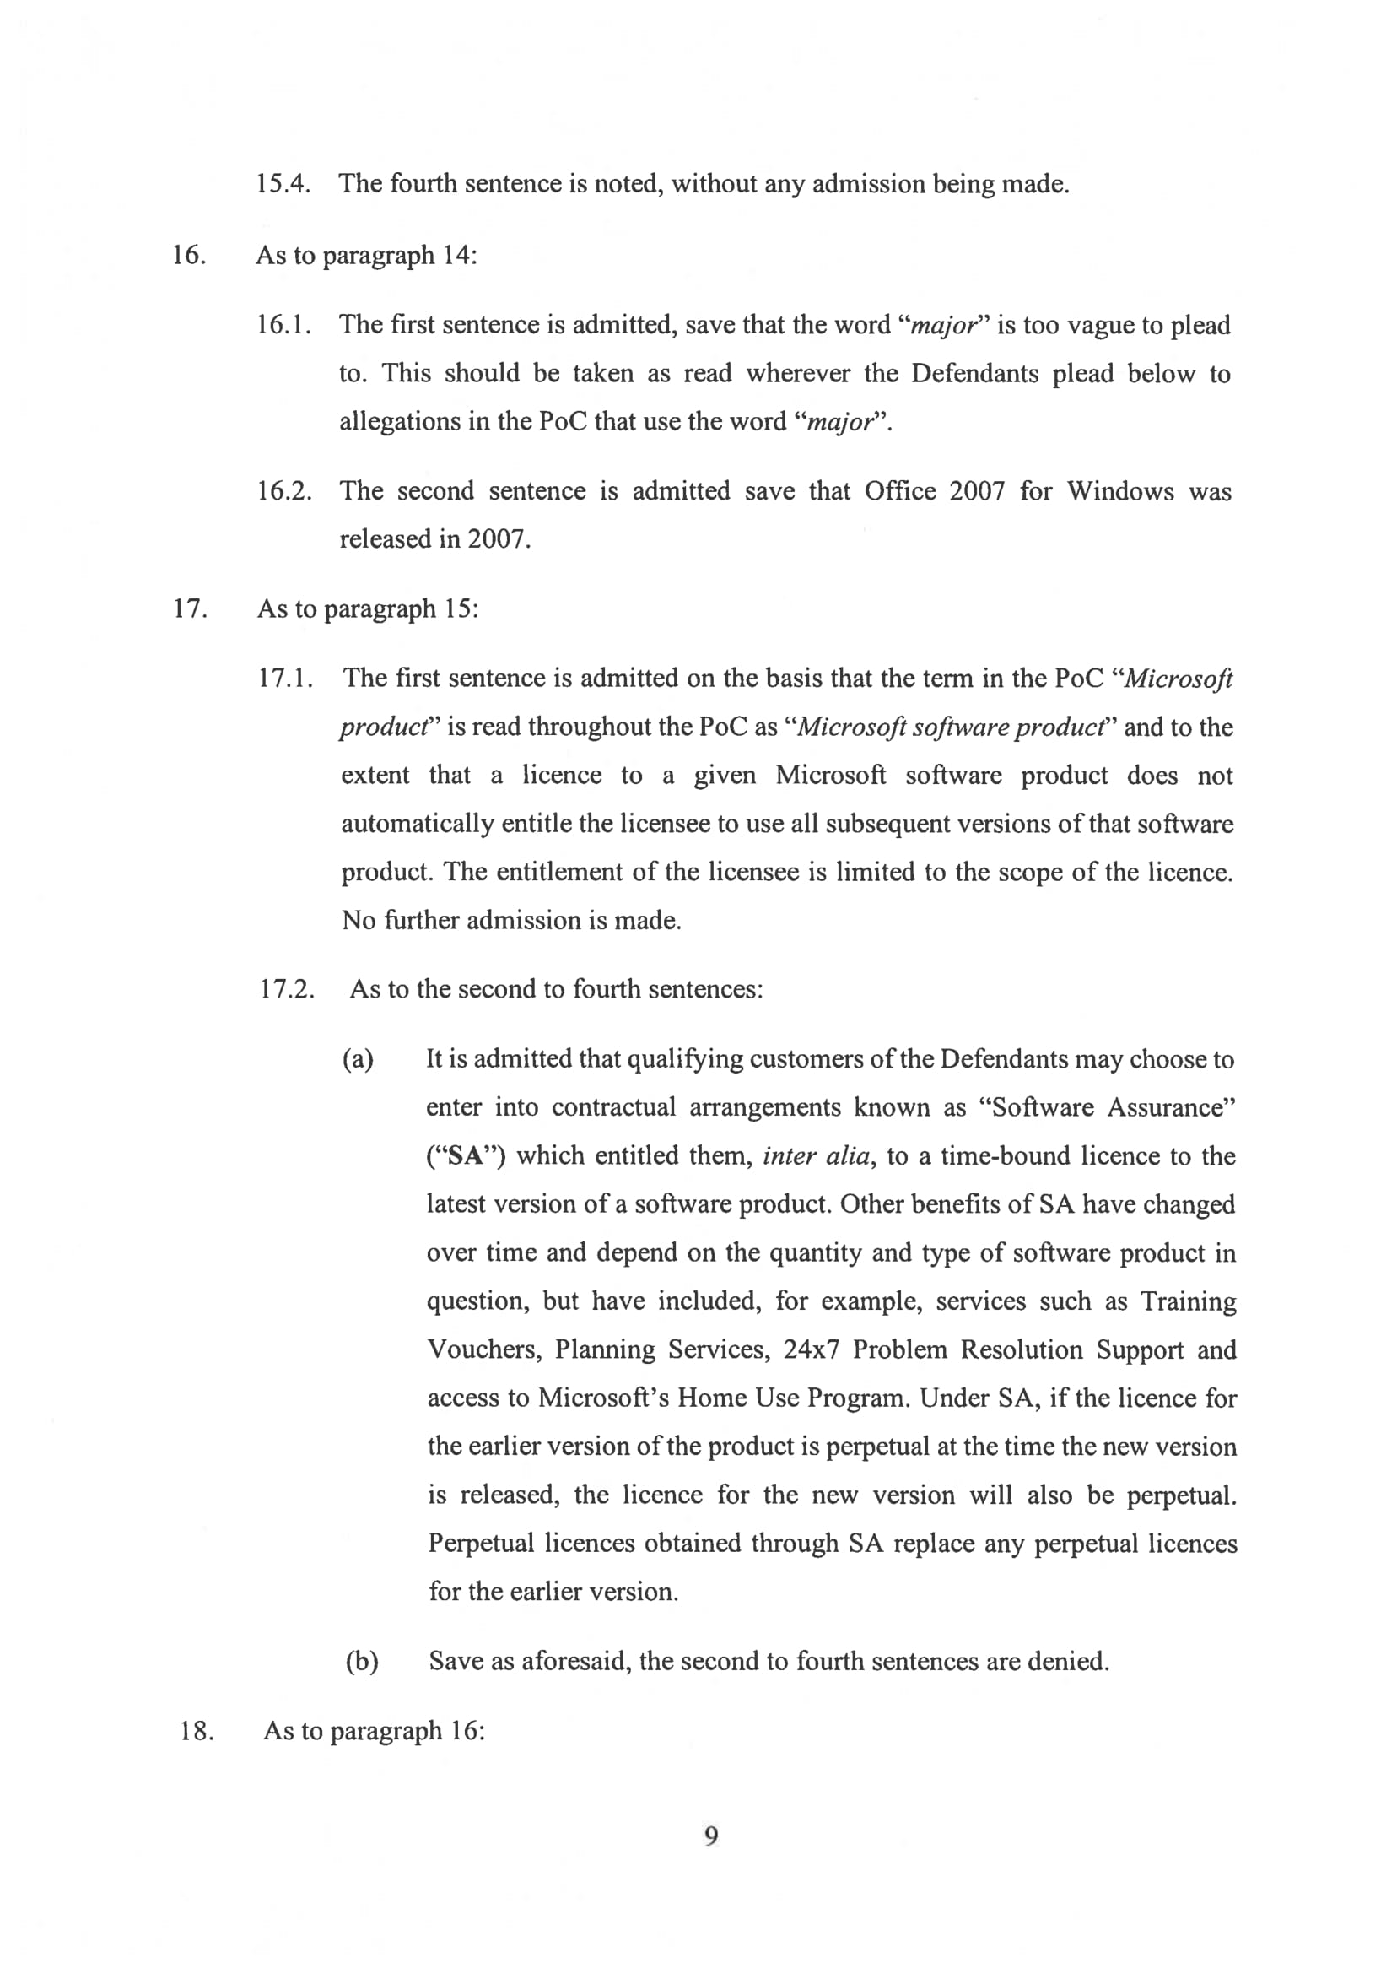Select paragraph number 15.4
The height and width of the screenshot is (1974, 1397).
tap(283, 183)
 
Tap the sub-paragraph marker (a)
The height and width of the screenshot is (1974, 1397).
tap(358, 1058)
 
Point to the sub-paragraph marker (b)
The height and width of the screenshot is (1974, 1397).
tap(361, 1661)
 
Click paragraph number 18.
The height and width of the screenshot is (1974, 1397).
tap(197, 1730)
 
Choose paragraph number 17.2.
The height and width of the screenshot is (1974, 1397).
tap(288, 989)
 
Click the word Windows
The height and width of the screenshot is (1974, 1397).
tap(1120, 491)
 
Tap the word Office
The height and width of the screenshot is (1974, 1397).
tap(900, 490)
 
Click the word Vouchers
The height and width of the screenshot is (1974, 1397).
tap(484, 1349)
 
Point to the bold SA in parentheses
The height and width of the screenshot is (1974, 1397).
tap(466, 1155)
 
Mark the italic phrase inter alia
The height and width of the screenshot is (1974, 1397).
tap(816, 1155)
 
